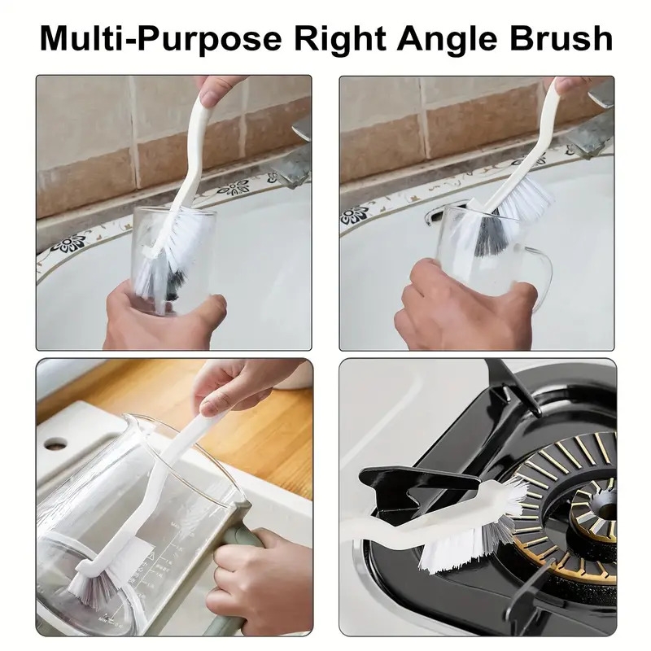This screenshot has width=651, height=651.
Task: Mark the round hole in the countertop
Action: [55, 443]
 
